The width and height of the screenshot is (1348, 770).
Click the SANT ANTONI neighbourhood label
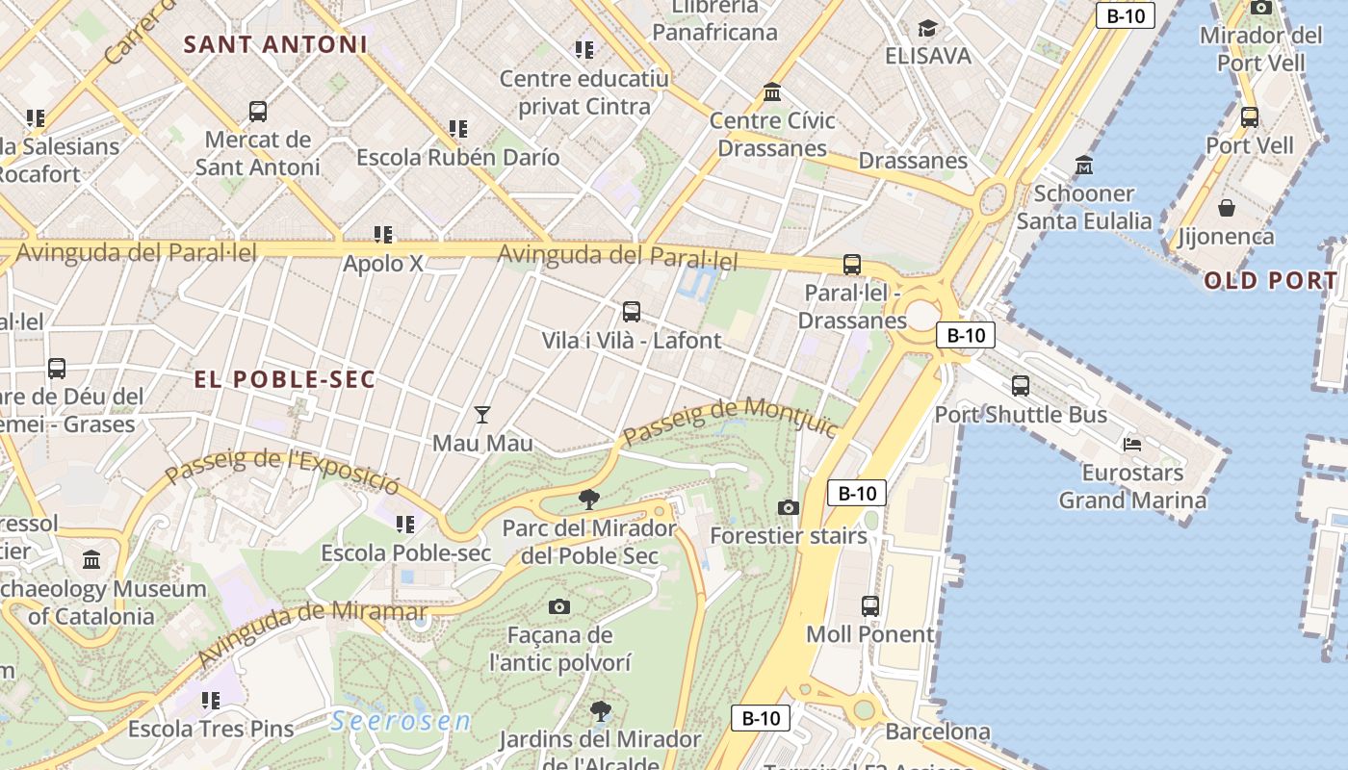[x=275, y=44]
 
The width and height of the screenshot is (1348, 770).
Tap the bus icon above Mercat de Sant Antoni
[x=257, y=112]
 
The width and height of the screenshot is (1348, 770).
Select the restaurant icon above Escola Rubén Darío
[x=458, y=129]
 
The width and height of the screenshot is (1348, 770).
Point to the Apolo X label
[x=383, y=263]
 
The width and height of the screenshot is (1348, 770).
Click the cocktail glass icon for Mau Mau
[x=482, y=415]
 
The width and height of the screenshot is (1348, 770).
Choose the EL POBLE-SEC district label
[x=285, y=379]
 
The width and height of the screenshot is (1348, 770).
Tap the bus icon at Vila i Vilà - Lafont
[x=632, y=312]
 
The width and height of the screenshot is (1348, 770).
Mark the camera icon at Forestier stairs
[x=789, y=507]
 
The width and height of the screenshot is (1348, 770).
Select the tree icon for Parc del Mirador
[x=588, y=500]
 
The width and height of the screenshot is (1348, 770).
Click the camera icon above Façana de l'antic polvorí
[x=559, y=606]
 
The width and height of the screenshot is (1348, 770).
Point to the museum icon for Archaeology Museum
[x=91, y=559]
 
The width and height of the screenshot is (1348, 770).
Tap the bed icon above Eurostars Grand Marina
[x=1132, y=445]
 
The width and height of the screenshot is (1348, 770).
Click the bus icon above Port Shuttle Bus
[x=1021, y=386]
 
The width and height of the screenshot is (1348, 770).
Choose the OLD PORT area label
[x=1270, y=281]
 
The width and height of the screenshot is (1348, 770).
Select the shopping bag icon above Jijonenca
[x=1227, y=208]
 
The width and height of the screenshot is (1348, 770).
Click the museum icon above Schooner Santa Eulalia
[x=1084, y=166]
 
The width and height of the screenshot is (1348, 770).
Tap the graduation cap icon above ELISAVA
[x=927, y=28]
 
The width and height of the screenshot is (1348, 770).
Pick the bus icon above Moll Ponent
[x=870, y=606]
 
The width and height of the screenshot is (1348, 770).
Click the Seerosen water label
[x=401, y=721]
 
